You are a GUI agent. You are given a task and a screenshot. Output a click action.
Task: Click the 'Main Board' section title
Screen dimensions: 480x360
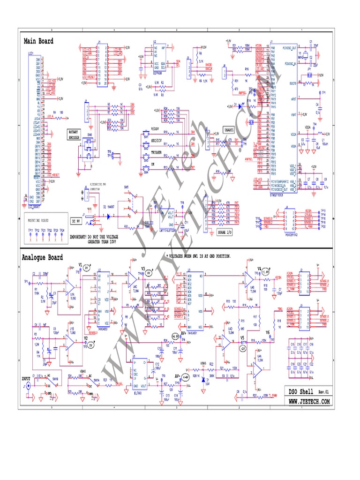(x=38, y=41)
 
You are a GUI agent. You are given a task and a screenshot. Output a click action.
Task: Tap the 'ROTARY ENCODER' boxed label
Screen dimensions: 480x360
(x=74, y=135)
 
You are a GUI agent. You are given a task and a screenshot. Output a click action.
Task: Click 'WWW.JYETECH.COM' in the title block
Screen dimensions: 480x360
(x=308, y=402)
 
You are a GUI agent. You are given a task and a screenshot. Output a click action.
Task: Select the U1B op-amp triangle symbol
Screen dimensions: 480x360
(x=70, y=345)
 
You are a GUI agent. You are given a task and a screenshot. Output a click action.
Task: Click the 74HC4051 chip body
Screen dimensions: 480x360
(x=195, y=300)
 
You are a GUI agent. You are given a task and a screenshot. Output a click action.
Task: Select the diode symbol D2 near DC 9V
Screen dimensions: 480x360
(x=109, y=216)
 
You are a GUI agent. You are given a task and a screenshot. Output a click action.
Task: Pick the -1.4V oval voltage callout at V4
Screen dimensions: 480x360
(x=265, y=271)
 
